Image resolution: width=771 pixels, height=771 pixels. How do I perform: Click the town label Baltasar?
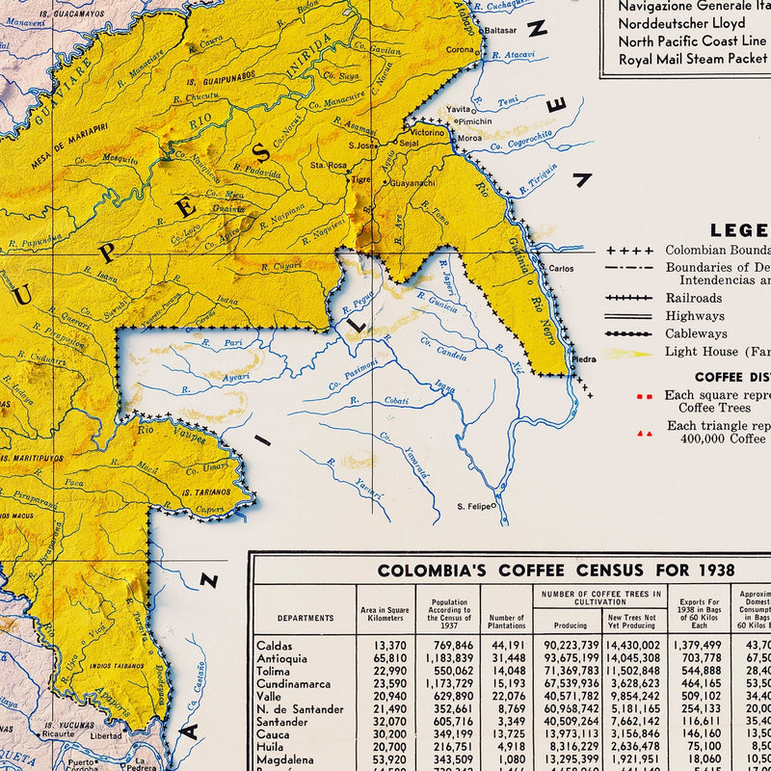pos(500,30)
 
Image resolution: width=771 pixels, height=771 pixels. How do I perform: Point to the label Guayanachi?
pos(412,182)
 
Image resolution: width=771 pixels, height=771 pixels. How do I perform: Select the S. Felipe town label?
pos(473,506)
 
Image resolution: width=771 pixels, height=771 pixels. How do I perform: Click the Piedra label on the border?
pos(584,359)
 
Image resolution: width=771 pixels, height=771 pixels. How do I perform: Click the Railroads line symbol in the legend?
pos(630,299)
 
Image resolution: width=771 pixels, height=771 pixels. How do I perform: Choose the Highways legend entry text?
pos(694,316)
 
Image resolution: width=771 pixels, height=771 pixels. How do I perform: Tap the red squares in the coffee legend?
pos(644,396)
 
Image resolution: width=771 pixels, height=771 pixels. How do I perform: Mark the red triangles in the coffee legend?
pos(644,434)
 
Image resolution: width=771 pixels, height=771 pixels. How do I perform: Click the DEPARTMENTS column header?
pos(306,618)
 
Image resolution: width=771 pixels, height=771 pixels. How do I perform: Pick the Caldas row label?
pos(275,646)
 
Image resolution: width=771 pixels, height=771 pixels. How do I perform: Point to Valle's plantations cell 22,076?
pos(508,696)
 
